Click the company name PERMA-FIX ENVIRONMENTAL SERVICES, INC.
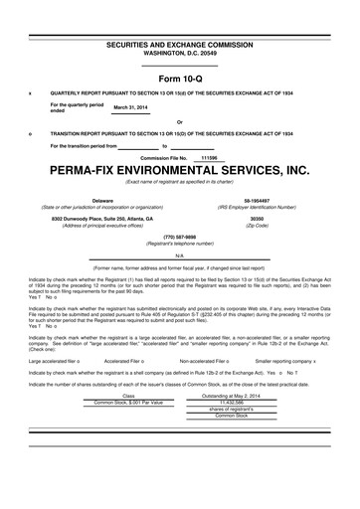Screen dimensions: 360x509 pos(179,170)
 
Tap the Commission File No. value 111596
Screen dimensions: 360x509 pos(209,156)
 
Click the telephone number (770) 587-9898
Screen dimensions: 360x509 pos(179,237)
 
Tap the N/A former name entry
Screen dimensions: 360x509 pos(179,255)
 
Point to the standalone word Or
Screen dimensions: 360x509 pos(179,123)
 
